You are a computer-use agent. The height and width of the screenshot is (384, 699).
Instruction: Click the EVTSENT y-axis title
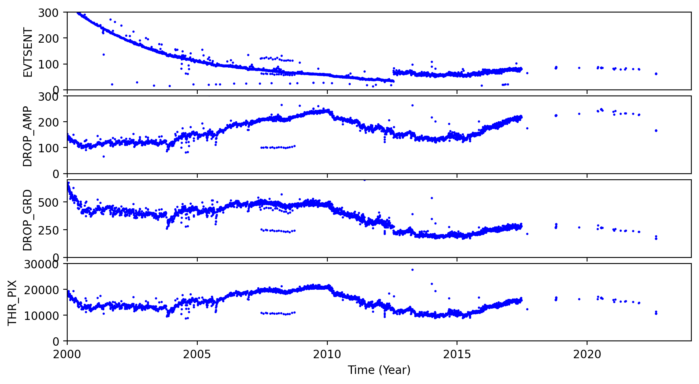pyautogui.click(x=27, y=52)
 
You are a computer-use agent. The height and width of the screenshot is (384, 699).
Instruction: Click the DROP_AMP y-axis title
pyautogui.click(x=27, y=136)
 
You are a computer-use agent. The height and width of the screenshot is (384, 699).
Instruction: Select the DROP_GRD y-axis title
pyautogui.click(x=27, y=220)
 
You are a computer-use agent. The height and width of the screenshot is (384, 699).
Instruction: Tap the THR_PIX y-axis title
pyautogui.click(x=13, y=303)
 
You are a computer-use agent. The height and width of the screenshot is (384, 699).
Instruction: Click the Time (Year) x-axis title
pyautogui.click(x=379, y=369)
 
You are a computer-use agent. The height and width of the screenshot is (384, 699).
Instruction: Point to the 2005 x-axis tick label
pyautogui.click(x=197, y=355)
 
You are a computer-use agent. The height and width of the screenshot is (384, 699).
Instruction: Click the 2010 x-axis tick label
pyautogui.click(x=327, y=355)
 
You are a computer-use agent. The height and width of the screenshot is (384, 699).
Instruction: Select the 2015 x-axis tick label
pyautogui.click(x=457, y=355)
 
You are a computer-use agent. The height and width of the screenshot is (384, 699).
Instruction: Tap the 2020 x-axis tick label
pyautogui.click(x=587, y=355)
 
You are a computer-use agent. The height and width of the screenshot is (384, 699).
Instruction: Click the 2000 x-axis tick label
pyautogui.click(x=67, y=355)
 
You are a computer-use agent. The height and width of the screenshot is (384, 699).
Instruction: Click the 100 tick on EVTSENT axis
pyautogui.click(x=51, y=64)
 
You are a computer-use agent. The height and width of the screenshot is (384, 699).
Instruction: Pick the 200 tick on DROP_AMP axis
pyautogui.click(x=51, y=122)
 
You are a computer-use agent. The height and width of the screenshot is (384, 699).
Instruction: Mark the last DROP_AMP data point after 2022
pyautogui.click(x=656, y=131)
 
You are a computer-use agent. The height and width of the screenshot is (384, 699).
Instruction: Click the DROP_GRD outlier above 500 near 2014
pyautogui.click(x=432, y=198)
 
